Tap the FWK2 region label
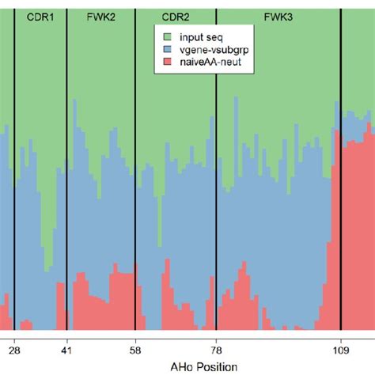99,15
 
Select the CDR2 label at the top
175,15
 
